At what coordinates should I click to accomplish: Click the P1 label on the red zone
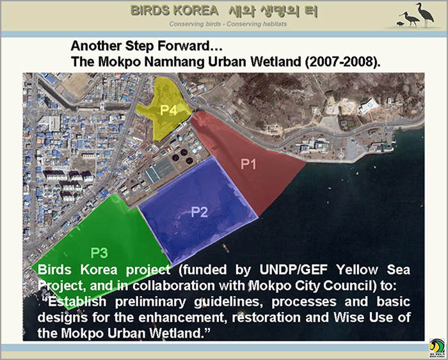[248, 164]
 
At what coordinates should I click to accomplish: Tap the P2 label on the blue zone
[199, 212]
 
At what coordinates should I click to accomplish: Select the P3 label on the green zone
[99, 253]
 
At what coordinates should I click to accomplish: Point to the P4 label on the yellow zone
[168, 110]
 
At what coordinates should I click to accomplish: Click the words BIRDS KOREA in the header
[174, 11]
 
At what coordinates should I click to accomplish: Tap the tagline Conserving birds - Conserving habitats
[228, 24]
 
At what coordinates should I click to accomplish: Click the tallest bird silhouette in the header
[425, 14]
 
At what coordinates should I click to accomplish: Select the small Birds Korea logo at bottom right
[437, 348]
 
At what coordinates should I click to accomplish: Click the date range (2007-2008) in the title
[343, 61]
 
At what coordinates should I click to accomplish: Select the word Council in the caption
[354, 286]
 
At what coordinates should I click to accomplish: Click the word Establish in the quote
[77, 302]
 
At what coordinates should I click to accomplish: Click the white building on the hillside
[369, 106]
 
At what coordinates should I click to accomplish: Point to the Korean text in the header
[273, 11]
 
